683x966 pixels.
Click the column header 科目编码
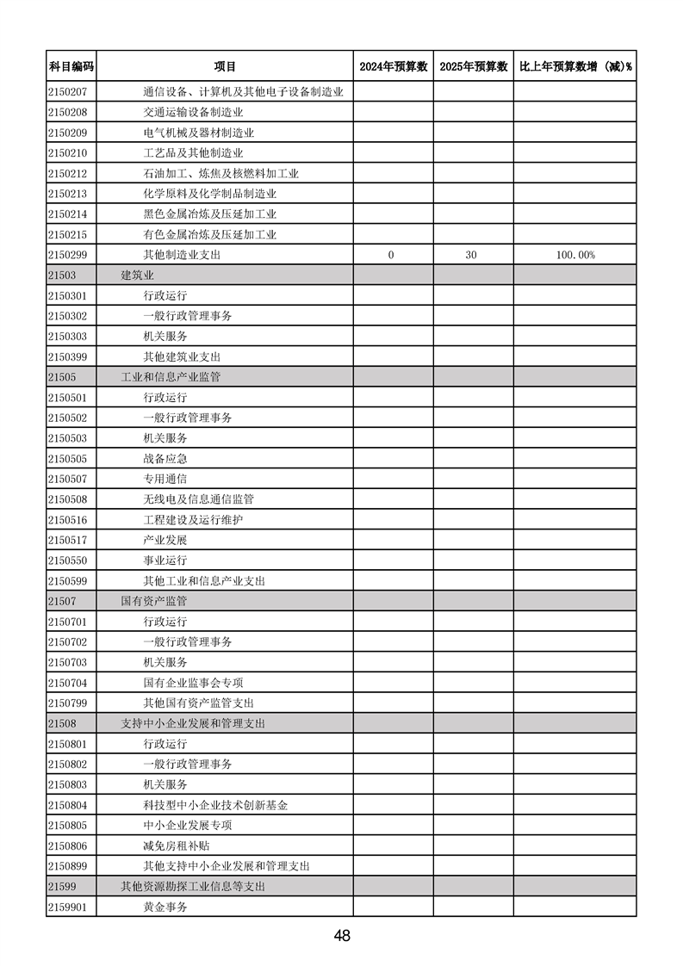click(71, 66)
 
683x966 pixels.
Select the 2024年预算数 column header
click(393, 66)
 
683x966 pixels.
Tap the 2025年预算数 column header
click(473, 66)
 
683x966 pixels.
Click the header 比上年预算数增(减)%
click(574, 66)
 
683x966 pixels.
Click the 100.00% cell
click(575, 255)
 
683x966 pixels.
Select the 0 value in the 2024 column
click(391, 255)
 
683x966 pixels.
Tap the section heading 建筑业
click(137, 276)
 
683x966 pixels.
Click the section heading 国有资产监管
click(153, 601)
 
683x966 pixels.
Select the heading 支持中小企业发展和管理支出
click(192, 723)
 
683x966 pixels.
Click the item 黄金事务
click(165, 907)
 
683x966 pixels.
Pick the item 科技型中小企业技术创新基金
click(215, 805)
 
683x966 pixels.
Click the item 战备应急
click(165, 459)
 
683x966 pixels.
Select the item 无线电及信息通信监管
click(198, 499)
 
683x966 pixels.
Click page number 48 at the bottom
click(342, 936)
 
